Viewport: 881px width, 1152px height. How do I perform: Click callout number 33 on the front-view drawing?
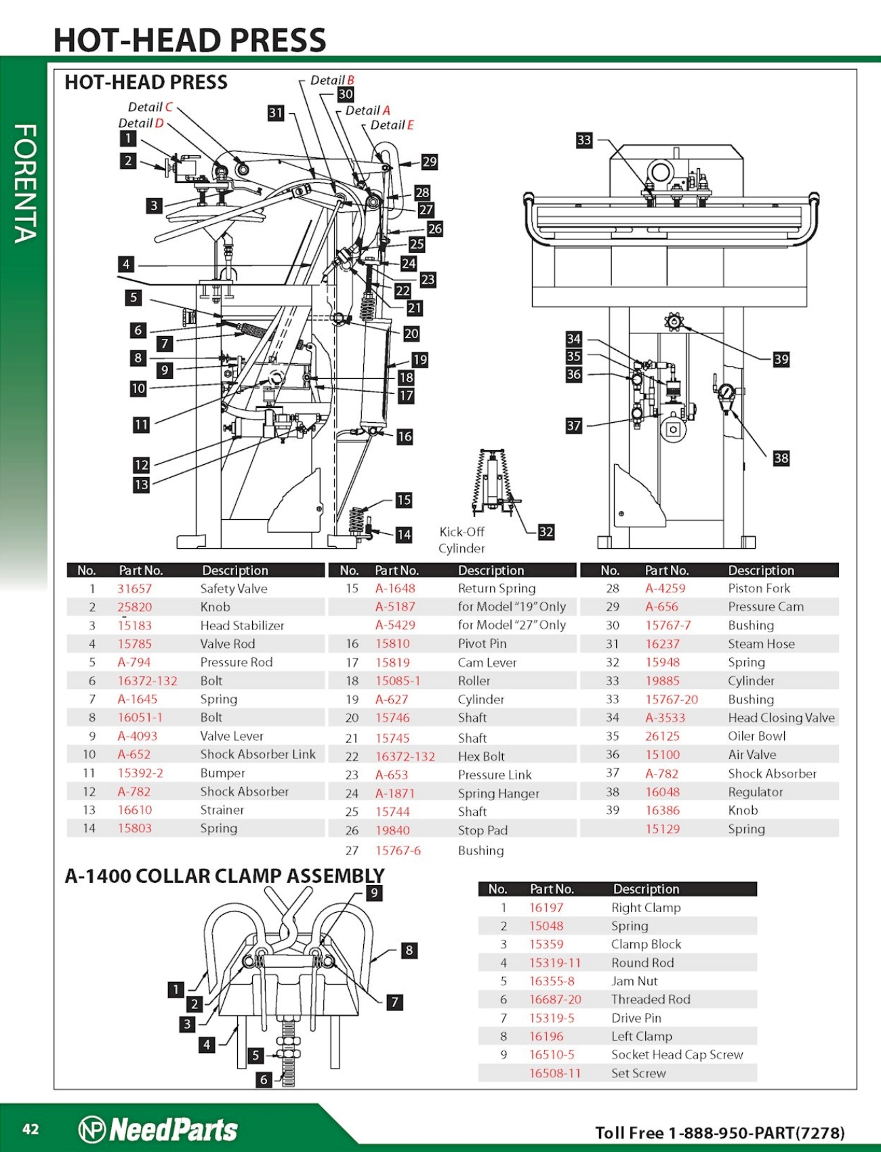click(x=584, y=140)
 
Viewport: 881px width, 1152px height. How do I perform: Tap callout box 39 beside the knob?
click(x=781, y=359)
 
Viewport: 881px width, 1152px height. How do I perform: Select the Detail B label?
click(x=332, y=80)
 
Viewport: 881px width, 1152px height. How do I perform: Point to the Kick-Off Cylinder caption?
click(x=462, y=540)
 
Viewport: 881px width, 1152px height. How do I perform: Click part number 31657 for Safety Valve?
click(x=134, y=588)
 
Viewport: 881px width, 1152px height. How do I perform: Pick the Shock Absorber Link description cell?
click(x=258, y=754)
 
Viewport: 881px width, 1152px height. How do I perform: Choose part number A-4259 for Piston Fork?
click(x=665, y=588)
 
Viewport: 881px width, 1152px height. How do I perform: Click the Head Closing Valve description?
click(x=781, y=718)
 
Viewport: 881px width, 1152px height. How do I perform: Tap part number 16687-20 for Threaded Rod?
click(x=555, y=999)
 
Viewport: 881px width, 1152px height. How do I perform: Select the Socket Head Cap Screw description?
click(x=676, y=1054)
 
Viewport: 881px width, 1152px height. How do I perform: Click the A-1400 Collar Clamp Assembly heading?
click(x=224, y=876)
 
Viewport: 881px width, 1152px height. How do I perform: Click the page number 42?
click(x=30, y=1129)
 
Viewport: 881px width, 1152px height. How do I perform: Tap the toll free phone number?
click(x=720, y=1133)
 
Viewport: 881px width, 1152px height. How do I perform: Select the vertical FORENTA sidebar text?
click(x=25, y=183)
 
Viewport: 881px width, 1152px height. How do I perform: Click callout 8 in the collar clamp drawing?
click(x=409, y=950)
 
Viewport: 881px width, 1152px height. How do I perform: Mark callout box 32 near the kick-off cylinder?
click(x=546, y=532)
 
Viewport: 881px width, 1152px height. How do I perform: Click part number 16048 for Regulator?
click(x=662, y=791)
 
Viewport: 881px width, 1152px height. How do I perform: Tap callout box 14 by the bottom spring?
click(x=404, y=535)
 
